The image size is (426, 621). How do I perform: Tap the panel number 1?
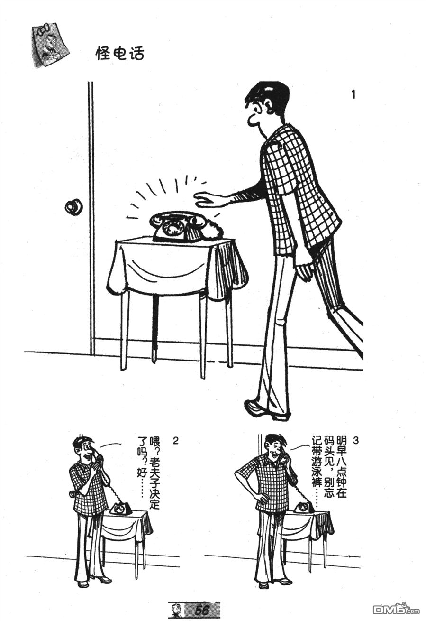point(353,95)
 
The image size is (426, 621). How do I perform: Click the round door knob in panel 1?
point(73,206)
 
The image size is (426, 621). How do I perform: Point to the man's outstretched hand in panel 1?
point(208,200)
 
